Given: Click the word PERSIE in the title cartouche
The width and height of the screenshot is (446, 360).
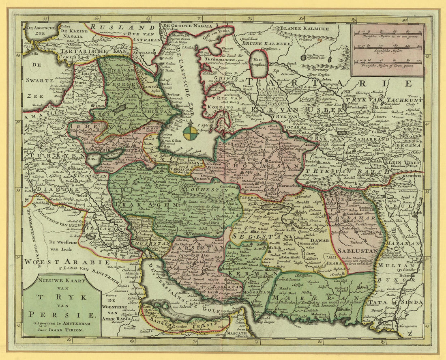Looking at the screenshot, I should [62, 314].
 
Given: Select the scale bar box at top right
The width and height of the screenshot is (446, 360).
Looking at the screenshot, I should [388, 50].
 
